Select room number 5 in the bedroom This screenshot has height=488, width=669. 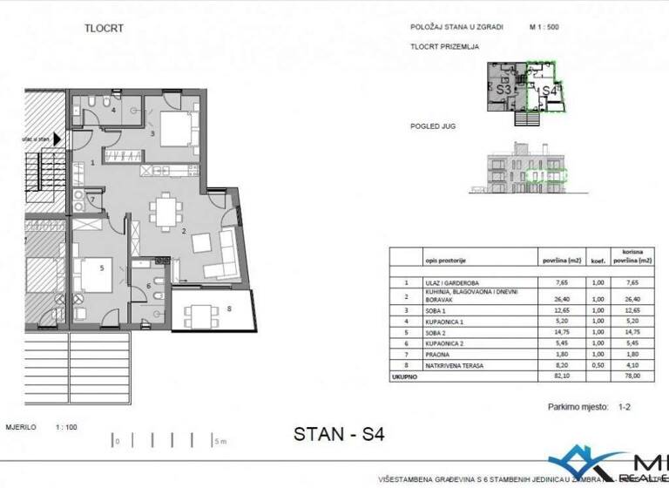tap(102, 268)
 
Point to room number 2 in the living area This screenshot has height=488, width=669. tap(184, 231)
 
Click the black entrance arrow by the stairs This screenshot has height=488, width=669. tap(57, 138)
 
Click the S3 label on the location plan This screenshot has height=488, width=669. tap(503, 89)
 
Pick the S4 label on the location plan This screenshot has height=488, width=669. tap(549, 91)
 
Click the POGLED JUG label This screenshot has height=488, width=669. tap(433, 126)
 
